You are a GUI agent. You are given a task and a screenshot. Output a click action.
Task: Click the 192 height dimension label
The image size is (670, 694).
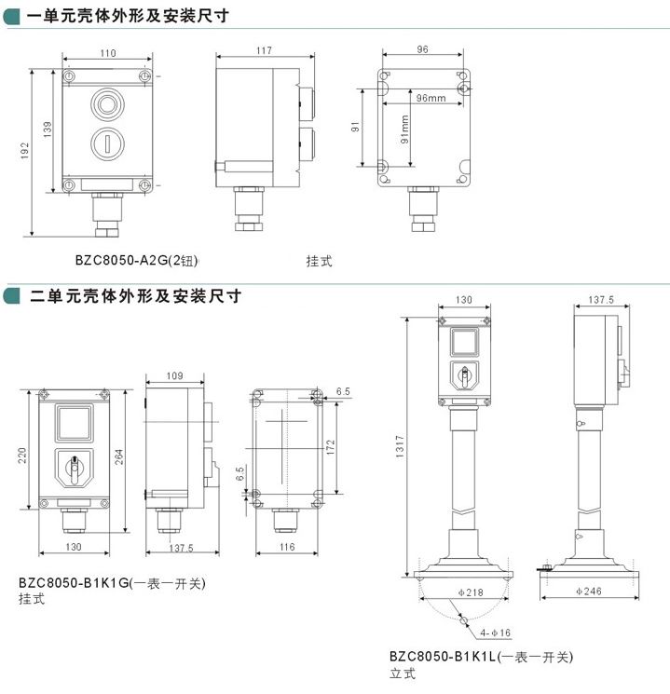pos(24,151)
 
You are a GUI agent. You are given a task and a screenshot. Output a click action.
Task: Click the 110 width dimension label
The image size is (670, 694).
pos(108,53)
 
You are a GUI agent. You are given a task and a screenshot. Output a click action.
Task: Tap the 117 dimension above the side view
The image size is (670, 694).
pos(264,51)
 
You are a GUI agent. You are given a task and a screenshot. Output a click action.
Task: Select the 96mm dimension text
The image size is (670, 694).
pos(431,98)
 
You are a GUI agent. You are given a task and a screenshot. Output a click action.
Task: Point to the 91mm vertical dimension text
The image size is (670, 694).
pos(404,129)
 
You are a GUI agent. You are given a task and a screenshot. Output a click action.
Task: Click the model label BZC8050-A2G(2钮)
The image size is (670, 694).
pos(136,260)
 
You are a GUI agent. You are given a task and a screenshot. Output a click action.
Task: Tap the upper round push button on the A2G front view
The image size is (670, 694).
pos(107,104)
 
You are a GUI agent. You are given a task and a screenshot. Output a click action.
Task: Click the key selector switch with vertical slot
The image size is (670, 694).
pos(107,143)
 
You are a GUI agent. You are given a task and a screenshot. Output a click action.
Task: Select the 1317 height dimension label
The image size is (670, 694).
pos(400,446)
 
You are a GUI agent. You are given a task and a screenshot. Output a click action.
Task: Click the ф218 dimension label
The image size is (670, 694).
pos(471,592)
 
